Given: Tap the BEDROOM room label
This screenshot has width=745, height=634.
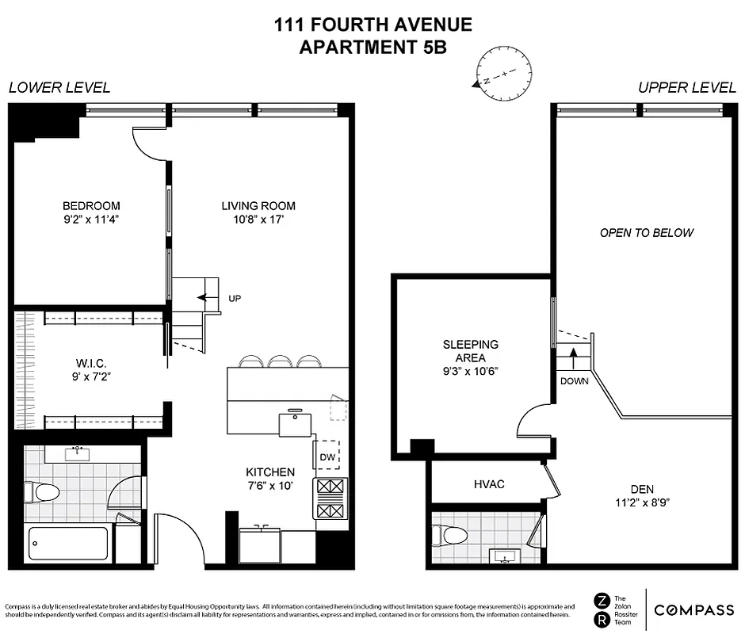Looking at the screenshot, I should pos(92,206).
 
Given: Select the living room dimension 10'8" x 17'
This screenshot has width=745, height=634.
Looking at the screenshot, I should pos(258,220).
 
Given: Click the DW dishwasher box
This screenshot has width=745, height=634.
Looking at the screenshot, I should pos(327,456).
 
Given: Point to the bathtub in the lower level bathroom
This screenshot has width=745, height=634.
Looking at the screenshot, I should pos(69,544).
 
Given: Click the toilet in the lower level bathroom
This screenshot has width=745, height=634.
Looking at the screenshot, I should pos(47,492).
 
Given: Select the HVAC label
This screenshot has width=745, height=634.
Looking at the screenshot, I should pos(489,484).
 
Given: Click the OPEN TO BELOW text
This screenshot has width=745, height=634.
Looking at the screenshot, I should pos(646,233).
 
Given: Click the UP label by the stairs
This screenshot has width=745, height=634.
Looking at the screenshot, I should pos(234,299).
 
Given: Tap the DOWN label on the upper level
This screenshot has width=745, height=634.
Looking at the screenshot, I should pos(575,380).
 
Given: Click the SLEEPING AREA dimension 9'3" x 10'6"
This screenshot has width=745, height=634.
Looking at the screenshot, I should pos(470,371).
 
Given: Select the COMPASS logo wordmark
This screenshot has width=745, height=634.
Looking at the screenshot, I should pos(693,609).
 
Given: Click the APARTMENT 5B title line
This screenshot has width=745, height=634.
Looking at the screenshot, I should pos(372,47).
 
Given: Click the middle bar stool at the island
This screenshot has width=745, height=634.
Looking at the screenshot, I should pos(281,361).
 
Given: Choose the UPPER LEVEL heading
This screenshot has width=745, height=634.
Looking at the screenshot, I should pos(686,88).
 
